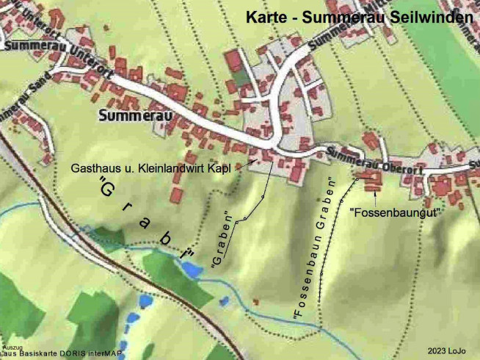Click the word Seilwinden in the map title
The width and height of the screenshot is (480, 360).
point(430,17)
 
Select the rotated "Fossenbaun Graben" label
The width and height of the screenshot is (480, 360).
point(313,250)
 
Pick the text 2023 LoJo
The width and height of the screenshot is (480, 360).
point(446,351)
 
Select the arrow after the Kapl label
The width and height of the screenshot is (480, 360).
point(239,168)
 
